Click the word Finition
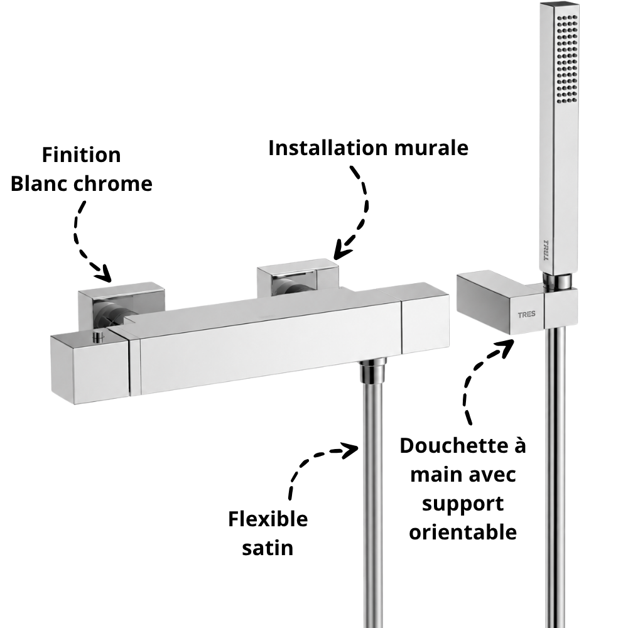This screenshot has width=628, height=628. [81, 155]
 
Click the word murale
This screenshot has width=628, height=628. [431, 148]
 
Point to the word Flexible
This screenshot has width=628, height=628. [268, 519]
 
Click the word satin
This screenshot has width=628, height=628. [268, 548]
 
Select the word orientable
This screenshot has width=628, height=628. [463, 533]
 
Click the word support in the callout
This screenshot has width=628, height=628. [463, 504]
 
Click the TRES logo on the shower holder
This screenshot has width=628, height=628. [527, 315]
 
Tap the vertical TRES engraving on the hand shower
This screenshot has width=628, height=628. [546, 251]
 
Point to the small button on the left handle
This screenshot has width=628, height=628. [97, 338]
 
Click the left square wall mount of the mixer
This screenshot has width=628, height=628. [121, 305]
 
